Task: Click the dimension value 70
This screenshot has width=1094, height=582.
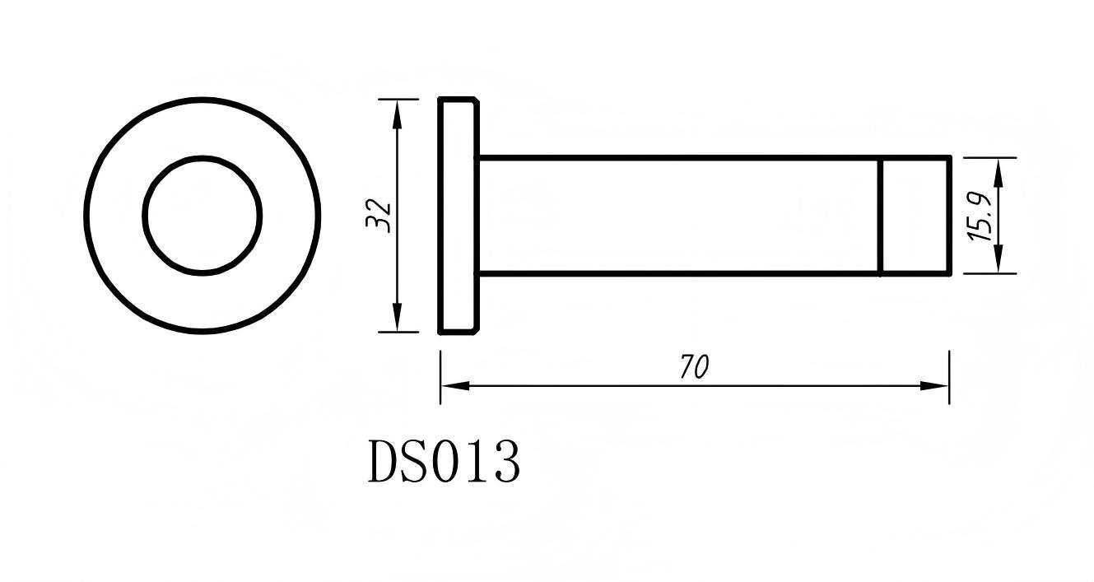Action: [694, 367]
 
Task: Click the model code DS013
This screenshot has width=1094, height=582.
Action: [444, 462]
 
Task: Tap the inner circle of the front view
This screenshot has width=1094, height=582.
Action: [203, 215]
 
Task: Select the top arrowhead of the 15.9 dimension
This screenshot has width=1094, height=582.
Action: [998, 170]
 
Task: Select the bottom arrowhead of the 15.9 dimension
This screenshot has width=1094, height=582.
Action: [998, 261]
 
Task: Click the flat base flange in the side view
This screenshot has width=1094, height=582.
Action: [458, 215]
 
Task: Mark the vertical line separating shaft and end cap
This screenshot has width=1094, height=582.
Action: [880, 215]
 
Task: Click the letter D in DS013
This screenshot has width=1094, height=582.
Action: [384, 462]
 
